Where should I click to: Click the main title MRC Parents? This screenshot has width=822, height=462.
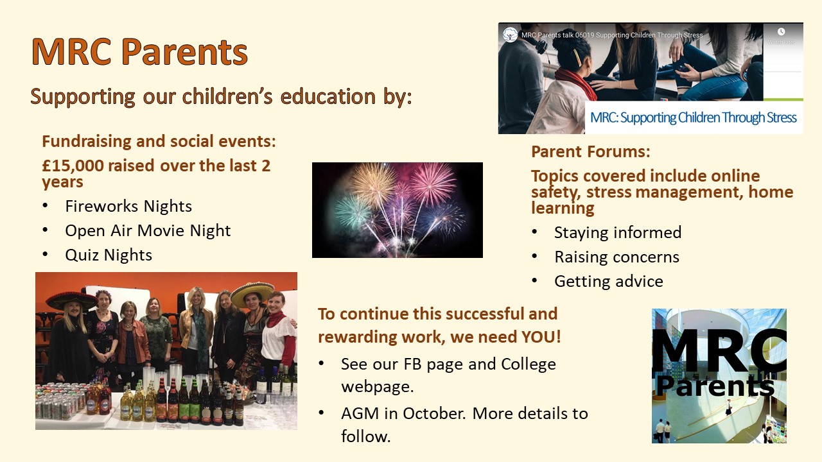tap(139, 52)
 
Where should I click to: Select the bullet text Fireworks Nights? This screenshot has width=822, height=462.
tap(128, 206)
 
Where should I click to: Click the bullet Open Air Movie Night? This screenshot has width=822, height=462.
tap(148, 230)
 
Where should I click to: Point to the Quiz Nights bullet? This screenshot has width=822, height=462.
tap(109, 255)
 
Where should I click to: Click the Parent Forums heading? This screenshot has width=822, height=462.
tap(590, 152)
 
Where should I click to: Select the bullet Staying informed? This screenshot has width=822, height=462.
tap(617, 232)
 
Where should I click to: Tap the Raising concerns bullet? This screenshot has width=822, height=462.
tap(616, 257)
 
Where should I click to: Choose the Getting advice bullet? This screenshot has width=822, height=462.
tap(608, 281)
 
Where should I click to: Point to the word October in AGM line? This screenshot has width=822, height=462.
tap(434, 413)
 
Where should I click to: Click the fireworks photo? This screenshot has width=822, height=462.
tap(397, 210)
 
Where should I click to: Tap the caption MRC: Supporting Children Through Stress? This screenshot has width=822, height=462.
tap(693, 118)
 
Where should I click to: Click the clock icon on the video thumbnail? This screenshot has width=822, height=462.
tap(781, 31)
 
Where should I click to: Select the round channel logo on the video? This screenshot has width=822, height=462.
tap(510, 35)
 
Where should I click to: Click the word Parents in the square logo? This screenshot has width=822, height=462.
tap(714, 386)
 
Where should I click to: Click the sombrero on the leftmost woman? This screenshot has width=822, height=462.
tap(71, 298)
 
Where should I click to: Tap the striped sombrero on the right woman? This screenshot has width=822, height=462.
tap(252, 293)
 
